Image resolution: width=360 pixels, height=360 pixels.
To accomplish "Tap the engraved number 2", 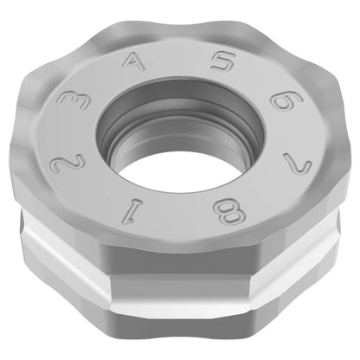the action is pos(67,164).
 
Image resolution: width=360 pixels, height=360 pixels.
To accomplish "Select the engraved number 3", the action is pos(73,100).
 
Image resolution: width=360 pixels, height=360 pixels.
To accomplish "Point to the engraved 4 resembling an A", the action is pos(133,62).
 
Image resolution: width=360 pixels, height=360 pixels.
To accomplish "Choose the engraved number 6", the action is pos(286,100).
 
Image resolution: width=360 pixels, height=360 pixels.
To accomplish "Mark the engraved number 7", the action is pos(298,164).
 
